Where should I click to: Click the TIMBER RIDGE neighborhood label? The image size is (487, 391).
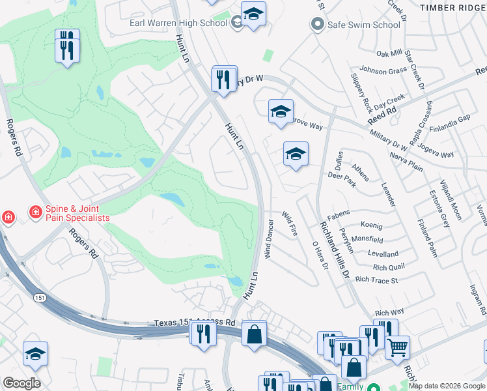pos(453,7)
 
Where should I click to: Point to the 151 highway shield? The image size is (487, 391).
pos(40,297)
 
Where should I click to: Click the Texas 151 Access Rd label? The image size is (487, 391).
pos(195,323)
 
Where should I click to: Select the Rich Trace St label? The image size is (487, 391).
pos(376,280)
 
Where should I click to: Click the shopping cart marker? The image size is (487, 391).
pos(397,347)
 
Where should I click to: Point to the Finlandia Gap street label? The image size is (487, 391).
pos(454,118)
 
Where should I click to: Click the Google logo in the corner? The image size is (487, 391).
pos(21,383)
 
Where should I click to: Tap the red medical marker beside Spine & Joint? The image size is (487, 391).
pos(8,217)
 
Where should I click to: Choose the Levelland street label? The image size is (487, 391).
pos(383,254)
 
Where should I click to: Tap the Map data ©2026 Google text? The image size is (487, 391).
pos(446,386)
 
